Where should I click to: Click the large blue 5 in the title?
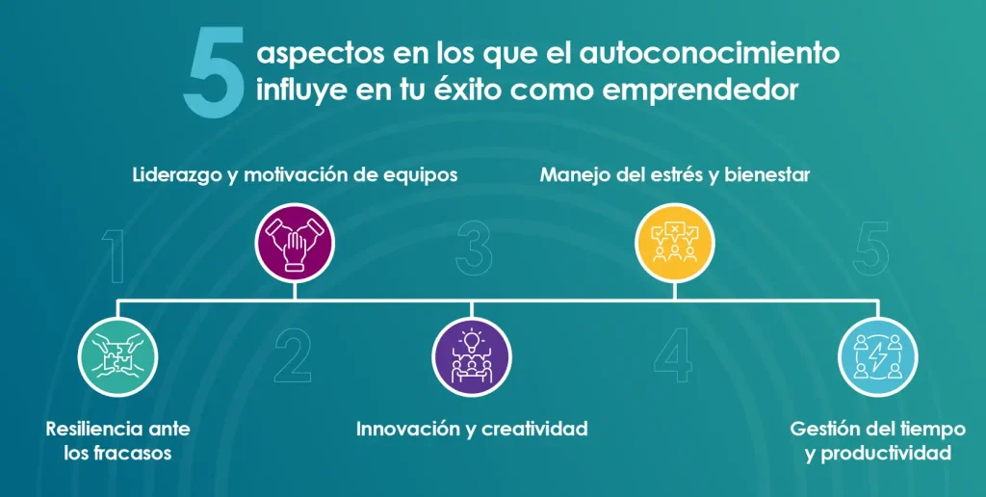(213, 73)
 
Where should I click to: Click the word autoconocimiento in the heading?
(710, 54)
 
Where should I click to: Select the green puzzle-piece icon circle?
(117, 356)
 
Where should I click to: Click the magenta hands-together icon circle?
(295, 243)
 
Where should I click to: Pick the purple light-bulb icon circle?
(472, 356)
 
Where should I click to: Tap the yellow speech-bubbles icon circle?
(675, 243)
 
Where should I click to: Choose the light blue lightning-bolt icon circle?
(878, 356)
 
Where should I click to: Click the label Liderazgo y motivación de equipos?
(295, 175)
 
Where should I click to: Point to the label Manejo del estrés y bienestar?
(675, 175)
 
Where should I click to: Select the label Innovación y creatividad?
(472, 429)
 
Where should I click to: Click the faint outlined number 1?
(114, 256)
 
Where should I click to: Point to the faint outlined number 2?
(293, 356)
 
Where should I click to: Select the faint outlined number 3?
(474, 248)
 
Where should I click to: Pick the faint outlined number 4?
(673, 356)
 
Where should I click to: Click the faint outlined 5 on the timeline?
(870, 248)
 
